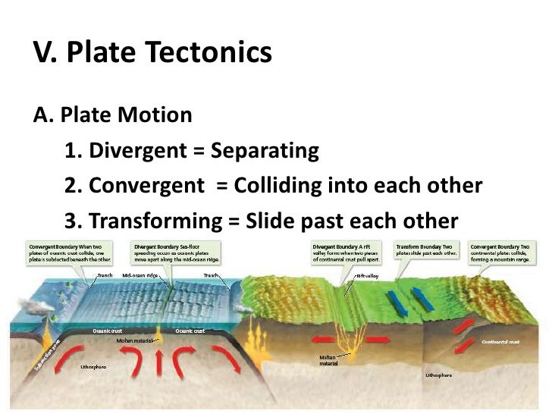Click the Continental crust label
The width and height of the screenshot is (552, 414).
[x=501, y=342]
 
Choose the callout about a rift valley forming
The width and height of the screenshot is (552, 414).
[x=346, y=252]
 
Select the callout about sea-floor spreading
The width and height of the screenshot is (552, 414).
[x=177, y=252]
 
